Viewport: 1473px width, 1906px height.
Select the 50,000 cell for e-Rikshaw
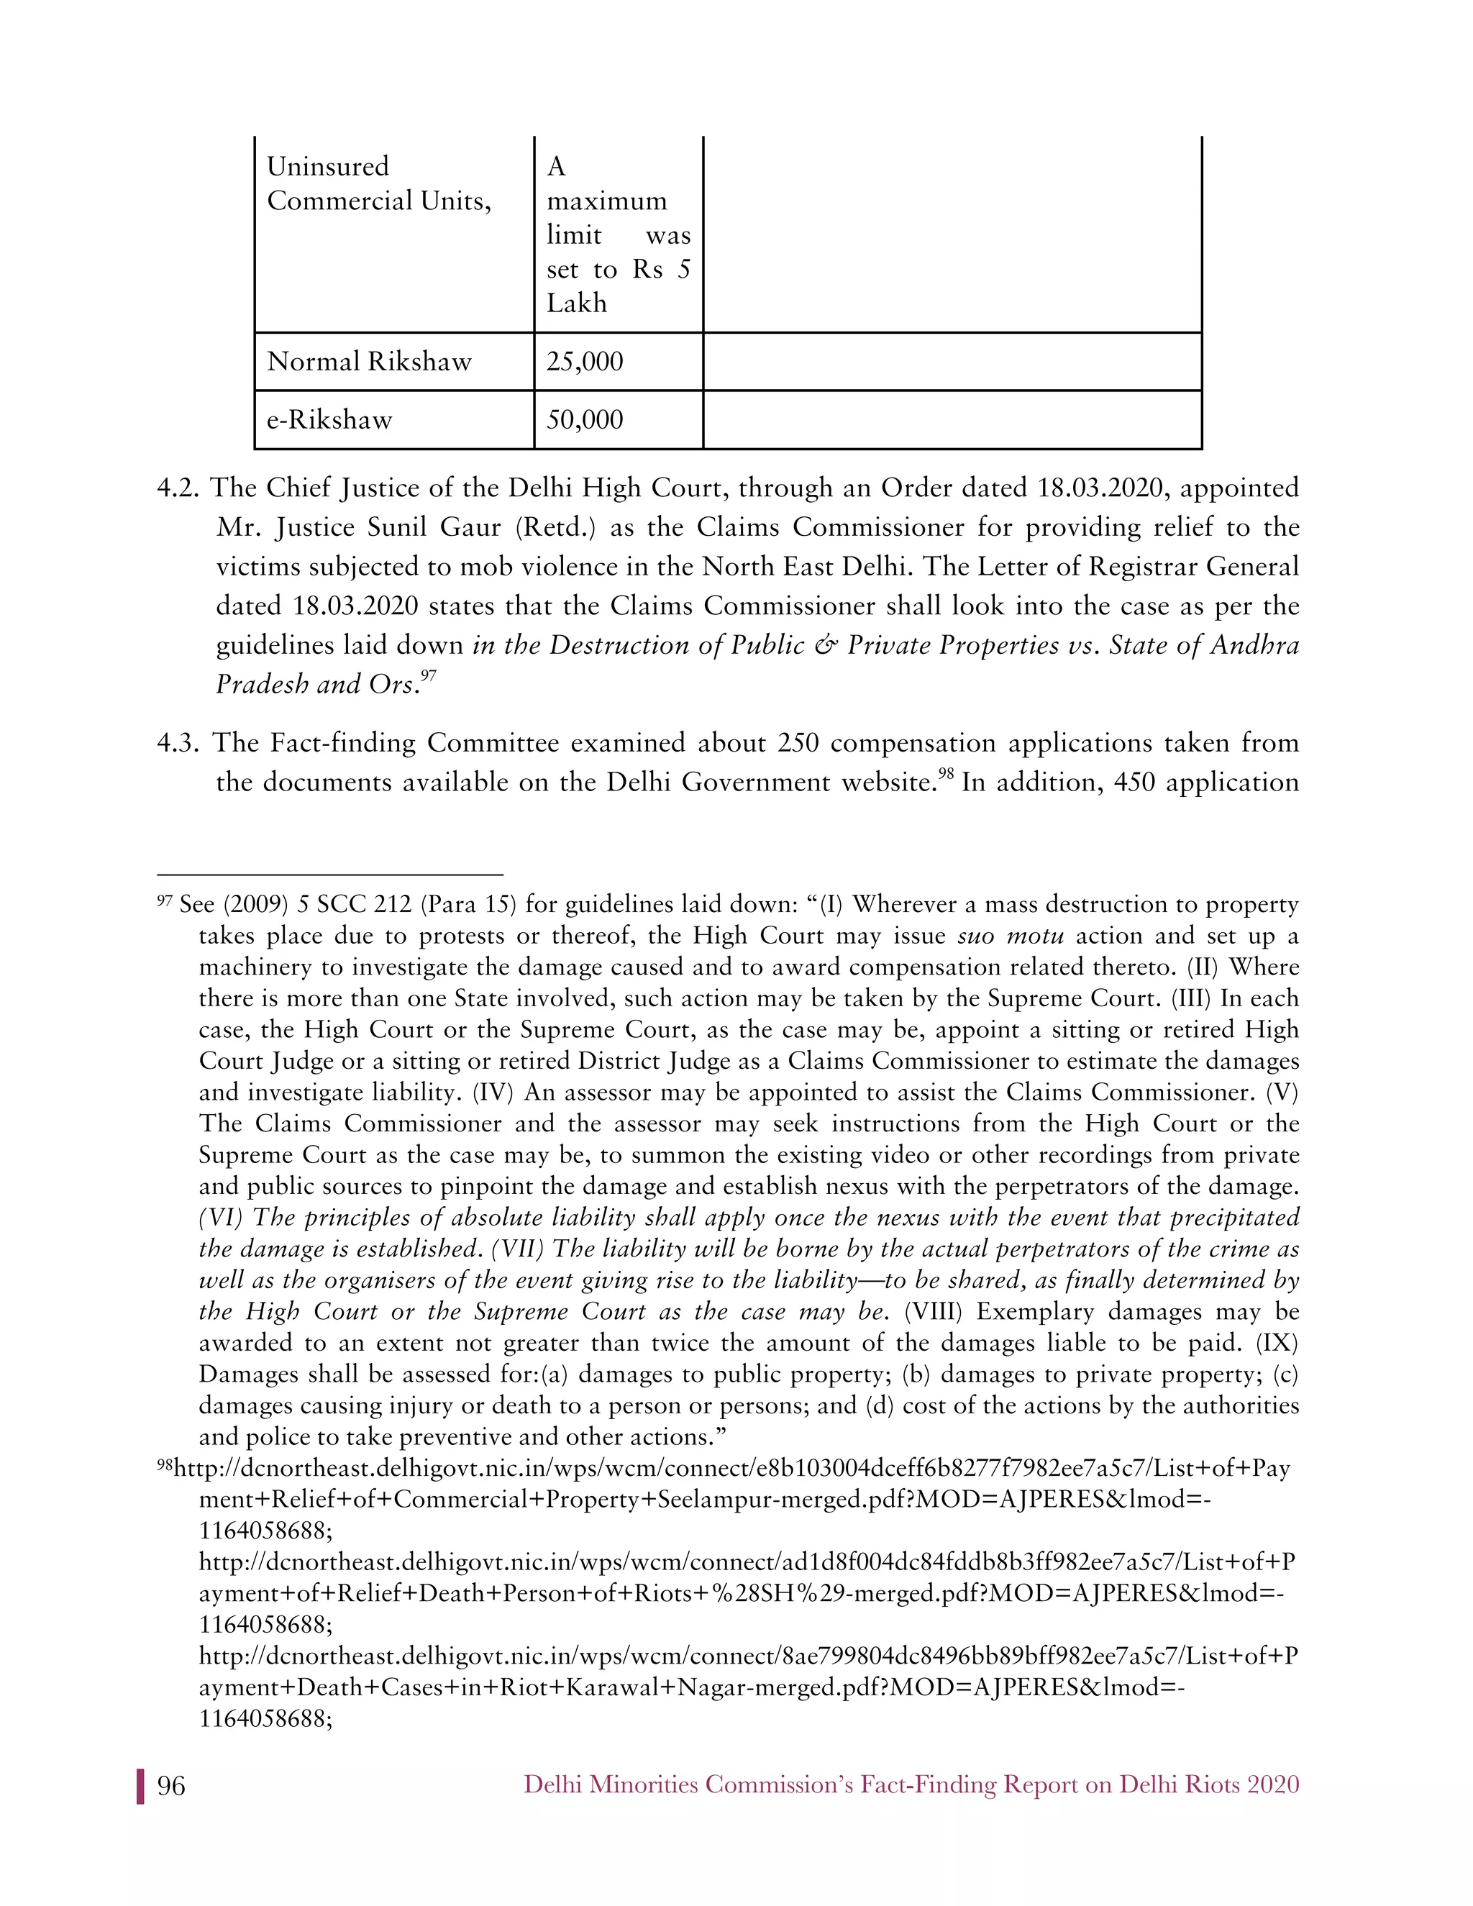tap(585, 421)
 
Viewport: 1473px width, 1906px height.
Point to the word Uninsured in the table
tap(327, 167)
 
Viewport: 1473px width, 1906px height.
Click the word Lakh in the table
tap(576, 304)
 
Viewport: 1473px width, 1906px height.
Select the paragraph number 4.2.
tap(178, 488)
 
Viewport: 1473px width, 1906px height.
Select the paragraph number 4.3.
tap(178, 743)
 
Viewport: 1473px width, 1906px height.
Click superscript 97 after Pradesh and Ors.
tap(428, 676)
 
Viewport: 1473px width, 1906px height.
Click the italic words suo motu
tap(1011, 936)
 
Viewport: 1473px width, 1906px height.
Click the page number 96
tap(171, 1786)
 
